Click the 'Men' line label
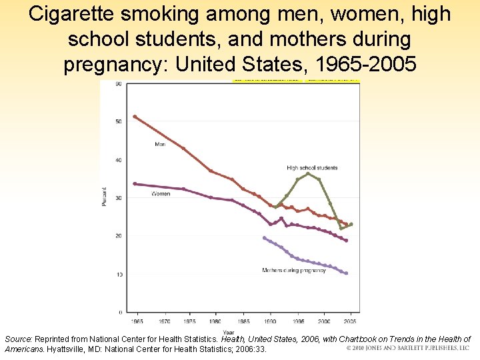click(160, 144)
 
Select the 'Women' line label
click(161, 194)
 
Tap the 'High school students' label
click(312, 168)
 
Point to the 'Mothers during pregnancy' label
click(294, 270)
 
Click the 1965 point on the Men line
click(135, 117)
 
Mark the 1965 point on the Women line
click(135, 183)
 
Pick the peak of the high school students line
click(307, 173)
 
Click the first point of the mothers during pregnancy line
click(264, 238)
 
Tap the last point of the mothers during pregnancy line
click(346, 273)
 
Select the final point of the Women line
click(346, 240)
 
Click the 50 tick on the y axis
click(119, 121)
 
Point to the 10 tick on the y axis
click(119, 274)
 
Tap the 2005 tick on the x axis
click(351, 321)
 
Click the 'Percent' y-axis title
click(104, 198)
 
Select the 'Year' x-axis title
click(229, 331)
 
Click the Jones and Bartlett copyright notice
click(408, 348)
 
